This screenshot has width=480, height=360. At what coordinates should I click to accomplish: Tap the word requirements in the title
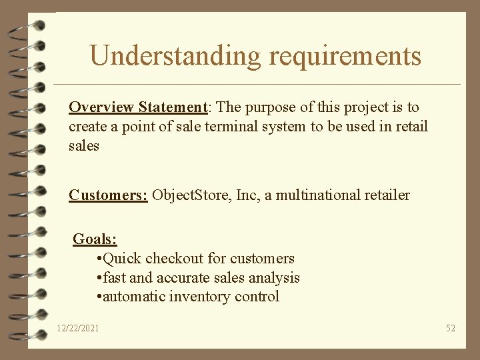pyautogui.click(x=345, y=55)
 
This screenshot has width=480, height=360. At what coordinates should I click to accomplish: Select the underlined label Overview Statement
pyautogui.click(x=139, y=107)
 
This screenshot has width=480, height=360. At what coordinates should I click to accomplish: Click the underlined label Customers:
pyautogui.click(x=108, y=195)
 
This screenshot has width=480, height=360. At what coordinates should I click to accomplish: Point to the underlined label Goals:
pyautogui.click(x=95, y=239)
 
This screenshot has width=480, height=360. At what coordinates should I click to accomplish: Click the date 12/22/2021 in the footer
pyautogui.click(x=78, y=328)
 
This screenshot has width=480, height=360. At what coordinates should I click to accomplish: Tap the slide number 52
pyautogui.click(x=451, y=328)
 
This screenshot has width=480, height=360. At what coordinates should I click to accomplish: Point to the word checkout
pyautogui.click(x=170, y=258)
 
